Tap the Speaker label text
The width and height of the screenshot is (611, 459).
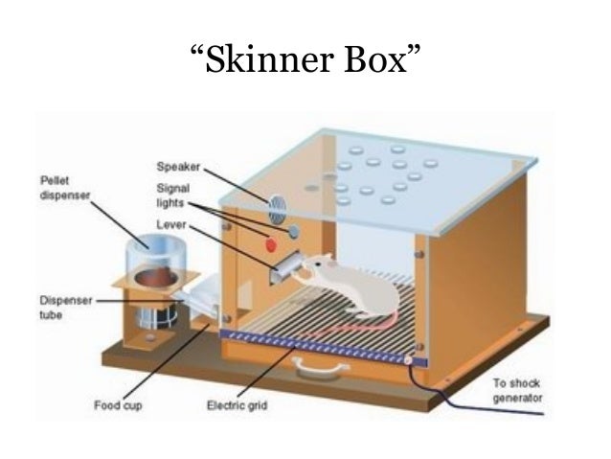tap(177, 166)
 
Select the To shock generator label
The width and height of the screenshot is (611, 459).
tap(518, 390)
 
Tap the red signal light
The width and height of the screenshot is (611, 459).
tap(271, 241)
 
